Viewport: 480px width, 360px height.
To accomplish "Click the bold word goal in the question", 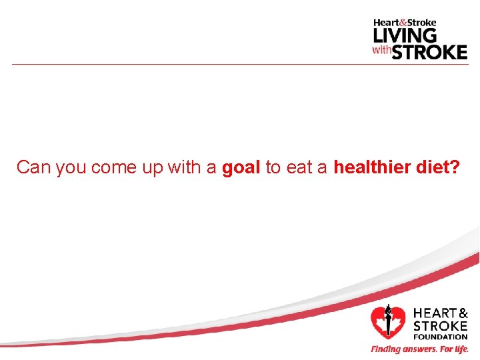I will point(241,167).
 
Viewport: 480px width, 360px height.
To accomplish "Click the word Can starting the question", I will point(34,167).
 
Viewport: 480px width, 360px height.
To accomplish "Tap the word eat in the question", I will point(298,167).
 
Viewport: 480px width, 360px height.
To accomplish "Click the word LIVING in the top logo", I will point(405,35).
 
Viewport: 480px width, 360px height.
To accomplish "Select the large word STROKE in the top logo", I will point(429,52).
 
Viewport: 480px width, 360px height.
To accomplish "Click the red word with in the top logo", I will point(381,51).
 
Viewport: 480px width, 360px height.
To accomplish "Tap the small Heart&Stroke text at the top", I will point(405,23).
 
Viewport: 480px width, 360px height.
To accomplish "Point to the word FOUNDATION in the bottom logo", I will point(440,337).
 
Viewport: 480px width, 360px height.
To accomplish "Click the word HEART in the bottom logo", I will point(434,313).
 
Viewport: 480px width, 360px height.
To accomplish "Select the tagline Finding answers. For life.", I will point(419,349).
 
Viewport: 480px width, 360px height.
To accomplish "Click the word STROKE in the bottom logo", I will point(440,326).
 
